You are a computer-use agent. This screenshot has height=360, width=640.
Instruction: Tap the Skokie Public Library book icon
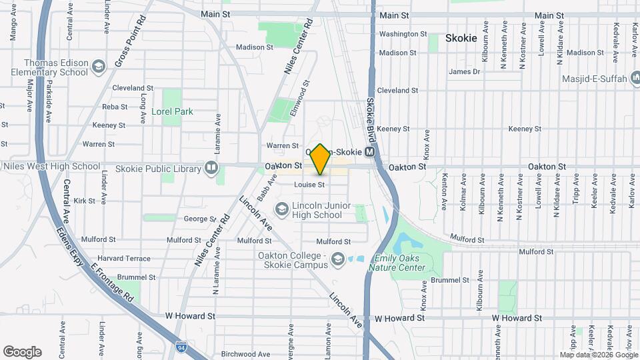coord(211,167)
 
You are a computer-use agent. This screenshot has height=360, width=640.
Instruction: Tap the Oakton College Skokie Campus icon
coord(338,259)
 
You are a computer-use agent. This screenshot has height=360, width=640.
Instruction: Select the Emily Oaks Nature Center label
coord(399,263)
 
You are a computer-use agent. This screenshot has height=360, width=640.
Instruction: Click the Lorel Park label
coord(172,111)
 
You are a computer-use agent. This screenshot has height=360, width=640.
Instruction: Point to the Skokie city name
coord(461,38)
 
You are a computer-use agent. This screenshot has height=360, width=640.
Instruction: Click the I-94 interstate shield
coord(181,347)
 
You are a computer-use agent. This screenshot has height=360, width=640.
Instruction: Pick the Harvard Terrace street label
coord(124,258)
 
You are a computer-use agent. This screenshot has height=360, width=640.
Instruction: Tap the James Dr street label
coord(464,71)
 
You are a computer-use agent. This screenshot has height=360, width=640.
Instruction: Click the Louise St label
coord(311,185)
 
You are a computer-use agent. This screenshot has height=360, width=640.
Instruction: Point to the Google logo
coord(22,351)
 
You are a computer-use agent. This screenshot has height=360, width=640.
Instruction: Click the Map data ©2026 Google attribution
coord(598,355)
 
